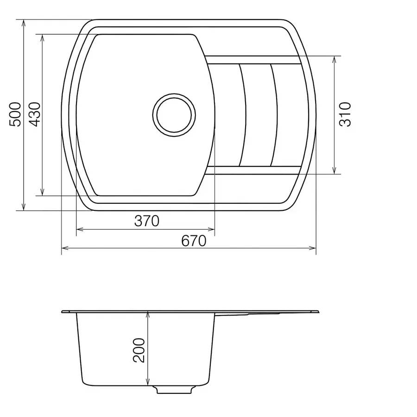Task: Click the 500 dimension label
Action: coord(16,114)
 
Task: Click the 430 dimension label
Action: coord(35,114)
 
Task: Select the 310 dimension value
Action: coord(346,114)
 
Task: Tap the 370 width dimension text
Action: coord(147,221)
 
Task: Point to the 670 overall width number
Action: coord(193,241)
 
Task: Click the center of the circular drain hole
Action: coord(173,114)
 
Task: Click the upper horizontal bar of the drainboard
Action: coord(253,59)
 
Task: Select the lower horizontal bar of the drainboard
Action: coord(253,170)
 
